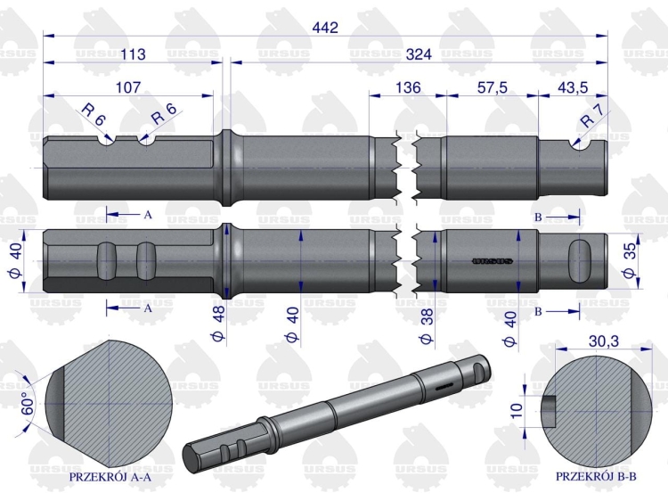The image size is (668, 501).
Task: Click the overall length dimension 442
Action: pos(326,28)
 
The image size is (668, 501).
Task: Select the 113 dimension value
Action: pos(132,54)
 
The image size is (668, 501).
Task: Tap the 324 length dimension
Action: pos(417,54)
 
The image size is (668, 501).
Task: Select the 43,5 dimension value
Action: pos(573,87)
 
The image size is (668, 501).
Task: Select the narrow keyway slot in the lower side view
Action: pos(489,261)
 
